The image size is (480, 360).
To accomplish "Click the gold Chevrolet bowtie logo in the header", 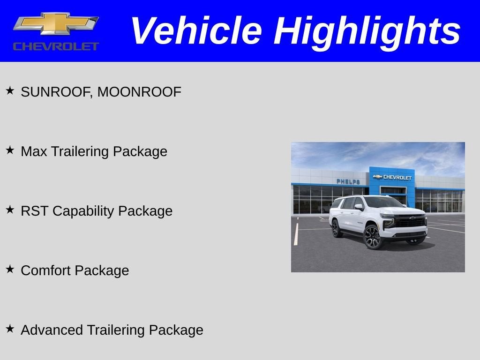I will [56, 23].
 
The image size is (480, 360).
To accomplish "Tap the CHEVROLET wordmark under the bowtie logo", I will [56, 46].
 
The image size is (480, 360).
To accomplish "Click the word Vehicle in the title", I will [195, 31].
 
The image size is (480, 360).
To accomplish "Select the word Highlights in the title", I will [367, 31].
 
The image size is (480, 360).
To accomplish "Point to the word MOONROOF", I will [139, 92].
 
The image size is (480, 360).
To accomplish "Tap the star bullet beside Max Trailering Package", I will [10, 150].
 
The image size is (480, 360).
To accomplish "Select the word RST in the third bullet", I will [34, 211].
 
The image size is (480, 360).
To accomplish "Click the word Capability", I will [83, 211].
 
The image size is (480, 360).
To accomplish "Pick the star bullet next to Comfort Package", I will [10, 269].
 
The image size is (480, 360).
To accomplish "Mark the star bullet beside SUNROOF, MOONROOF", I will [10, 90].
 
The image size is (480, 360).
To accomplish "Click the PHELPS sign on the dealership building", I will [348, 181].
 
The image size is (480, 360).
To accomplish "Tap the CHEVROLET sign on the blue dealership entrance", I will [393, 177].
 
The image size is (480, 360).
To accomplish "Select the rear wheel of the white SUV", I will [336, 228].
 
